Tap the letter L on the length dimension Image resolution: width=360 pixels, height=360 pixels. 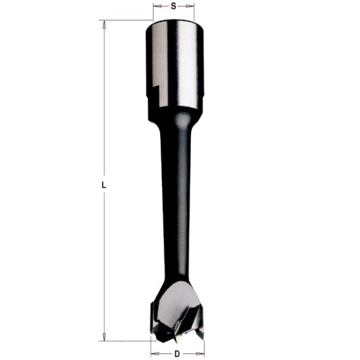point(103,186)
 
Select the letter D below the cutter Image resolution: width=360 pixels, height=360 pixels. point(177,353)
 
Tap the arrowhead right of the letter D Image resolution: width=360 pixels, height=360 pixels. point(200,353)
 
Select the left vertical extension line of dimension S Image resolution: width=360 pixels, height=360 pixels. point(153,12)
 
